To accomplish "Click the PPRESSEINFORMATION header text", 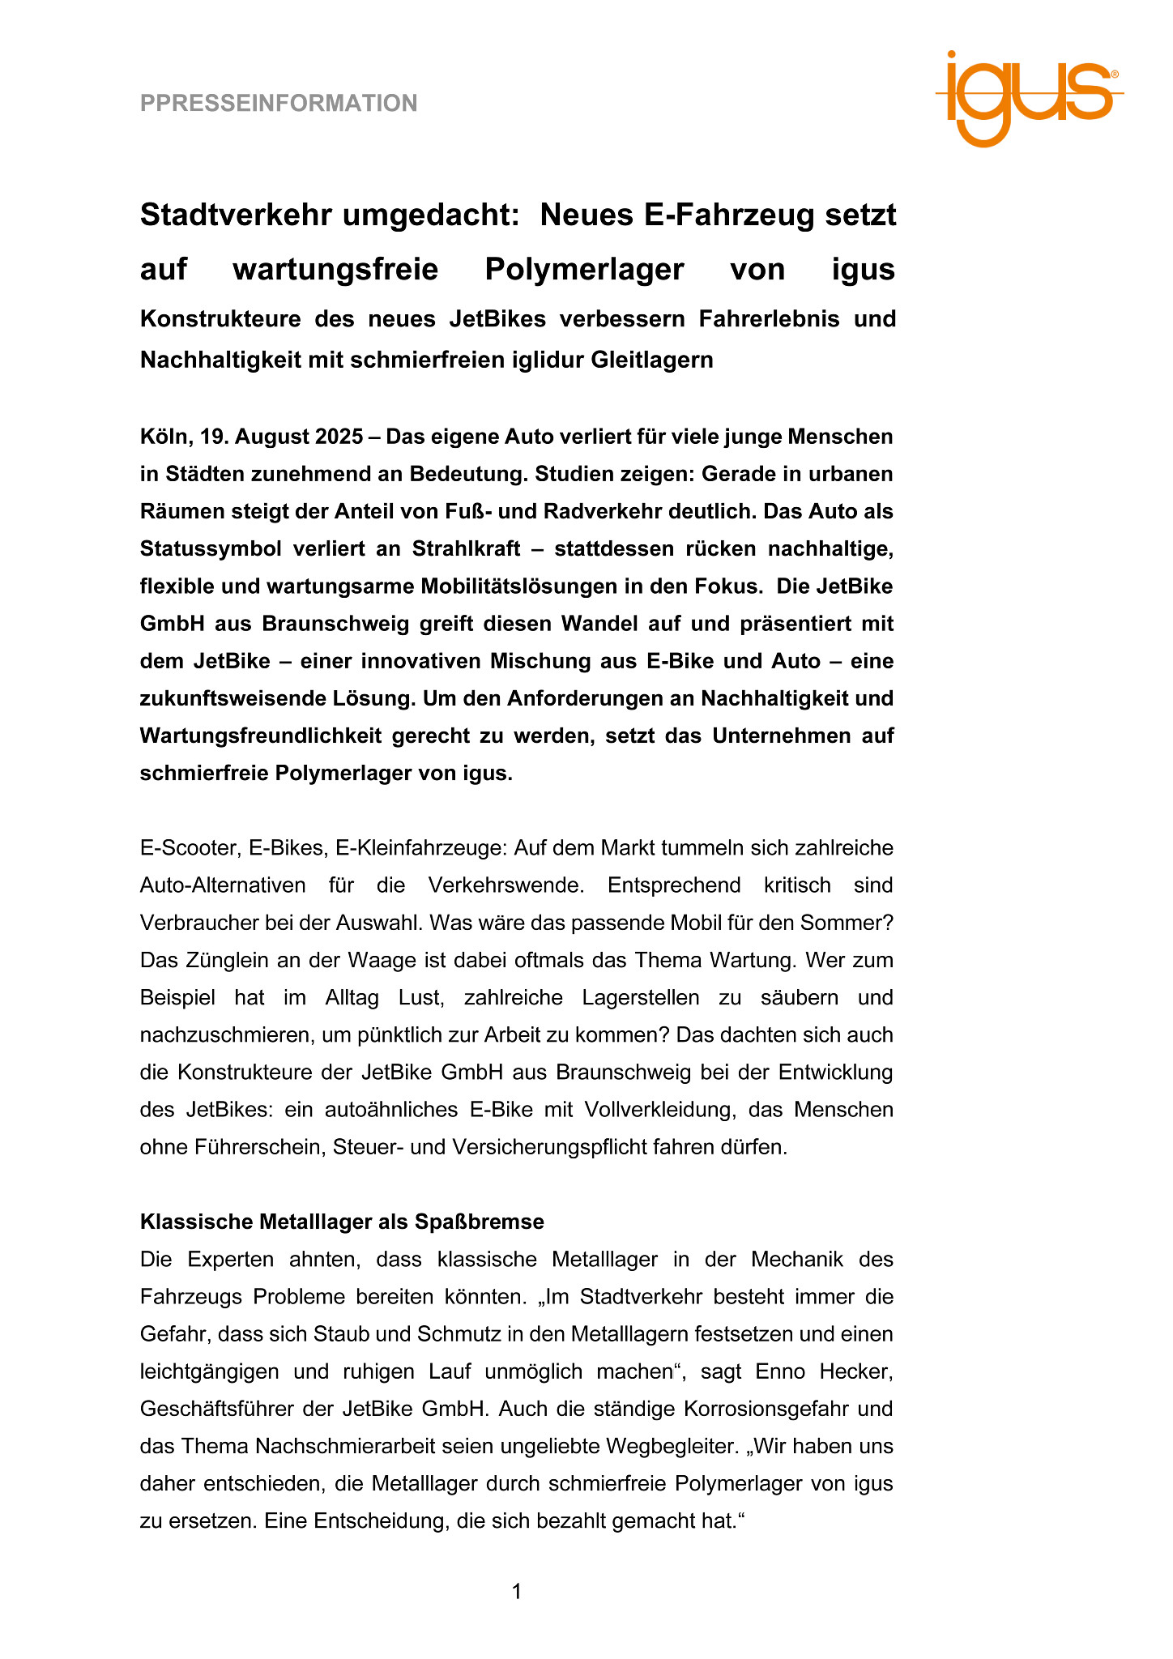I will pos(279,104).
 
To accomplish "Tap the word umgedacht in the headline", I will pos(430,215).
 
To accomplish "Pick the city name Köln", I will pos(164,437).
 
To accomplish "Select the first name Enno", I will pos(779,1371).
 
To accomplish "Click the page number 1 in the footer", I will pos(517,1593).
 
